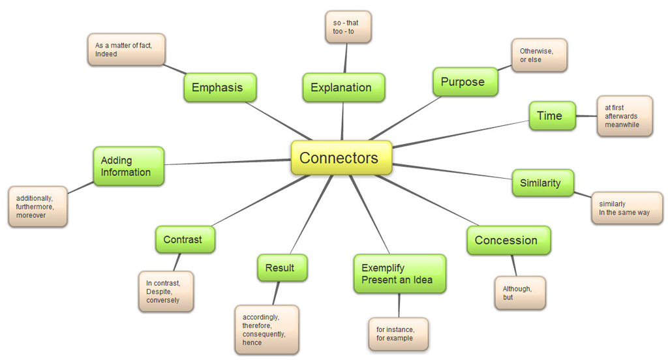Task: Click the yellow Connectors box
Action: [341, 158]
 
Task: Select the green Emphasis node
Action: [220, 87]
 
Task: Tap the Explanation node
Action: [343, 87]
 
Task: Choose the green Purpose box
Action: [465, 82]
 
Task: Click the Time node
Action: [552, 116]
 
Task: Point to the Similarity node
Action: [543, 183]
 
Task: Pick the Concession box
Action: [509, 240]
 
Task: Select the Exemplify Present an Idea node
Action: [400, 274]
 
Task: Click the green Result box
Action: [282, 268]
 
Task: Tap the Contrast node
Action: [185, 239]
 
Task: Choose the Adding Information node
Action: [129, 166]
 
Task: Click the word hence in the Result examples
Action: [252, 342]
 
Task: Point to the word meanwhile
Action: [622, 125]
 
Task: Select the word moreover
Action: [31, 215]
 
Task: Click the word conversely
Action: [162, 300]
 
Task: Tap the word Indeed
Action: [106, 54]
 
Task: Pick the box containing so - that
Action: [348, 27]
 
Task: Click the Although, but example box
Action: [520, 293]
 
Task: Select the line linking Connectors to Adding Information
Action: [228, 162]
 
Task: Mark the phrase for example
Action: [395, 338]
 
